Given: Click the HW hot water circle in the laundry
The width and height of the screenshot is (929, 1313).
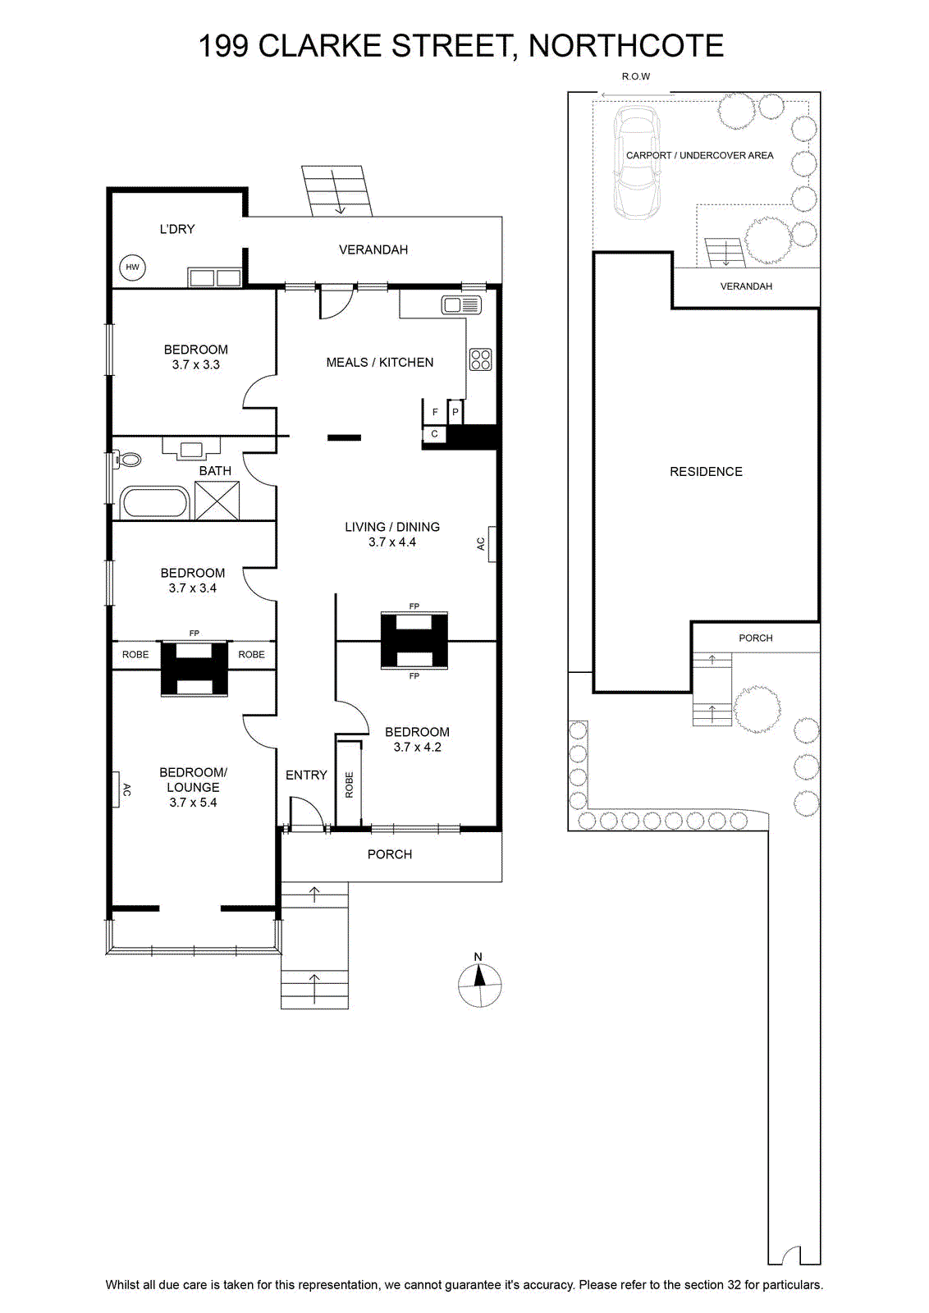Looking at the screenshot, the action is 132,268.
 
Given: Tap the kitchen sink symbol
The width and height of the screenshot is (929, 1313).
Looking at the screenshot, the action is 462,304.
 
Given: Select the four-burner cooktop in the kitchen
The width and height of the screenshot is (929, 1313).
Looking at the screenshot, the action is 481,359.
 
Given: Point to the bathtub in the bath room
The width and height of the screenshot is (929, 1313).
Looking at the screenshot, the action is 154,502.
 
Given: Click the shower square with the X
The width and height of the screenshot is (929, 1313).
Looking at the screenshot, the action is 217,501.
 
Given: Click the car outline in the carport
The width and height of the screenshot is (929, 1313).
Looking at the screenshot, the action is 637,161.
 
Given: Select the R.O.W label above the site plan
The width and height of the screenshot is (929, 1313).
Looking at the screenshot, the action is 636,76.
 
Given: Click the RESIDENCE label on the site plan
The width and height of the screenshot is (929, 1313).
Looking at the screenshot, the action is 706,471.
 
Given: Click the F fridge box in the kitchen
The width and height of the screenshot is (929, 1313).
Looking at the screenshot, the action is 434,411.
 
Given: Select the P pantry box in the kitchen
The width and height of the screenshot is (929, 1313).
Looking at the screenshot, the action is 455,411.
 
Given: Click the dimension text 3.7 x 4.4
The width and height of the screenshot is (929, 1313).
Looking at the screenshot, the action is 392,542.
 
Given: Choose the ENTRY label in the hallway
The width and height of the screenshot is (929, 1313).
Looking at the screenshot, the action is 306,775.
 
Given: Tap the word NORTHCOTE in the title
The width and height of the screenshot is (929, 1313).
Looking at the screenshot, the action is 626,46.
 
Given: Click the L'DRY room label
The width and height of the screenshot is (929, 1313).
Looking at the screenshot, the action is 177,229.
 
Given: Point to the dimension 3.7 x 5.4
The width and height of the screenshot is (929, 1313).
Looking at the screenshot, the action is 193,803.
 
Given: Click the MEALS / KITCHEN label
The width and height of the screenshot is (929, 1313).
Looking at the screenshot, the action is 380,362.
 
